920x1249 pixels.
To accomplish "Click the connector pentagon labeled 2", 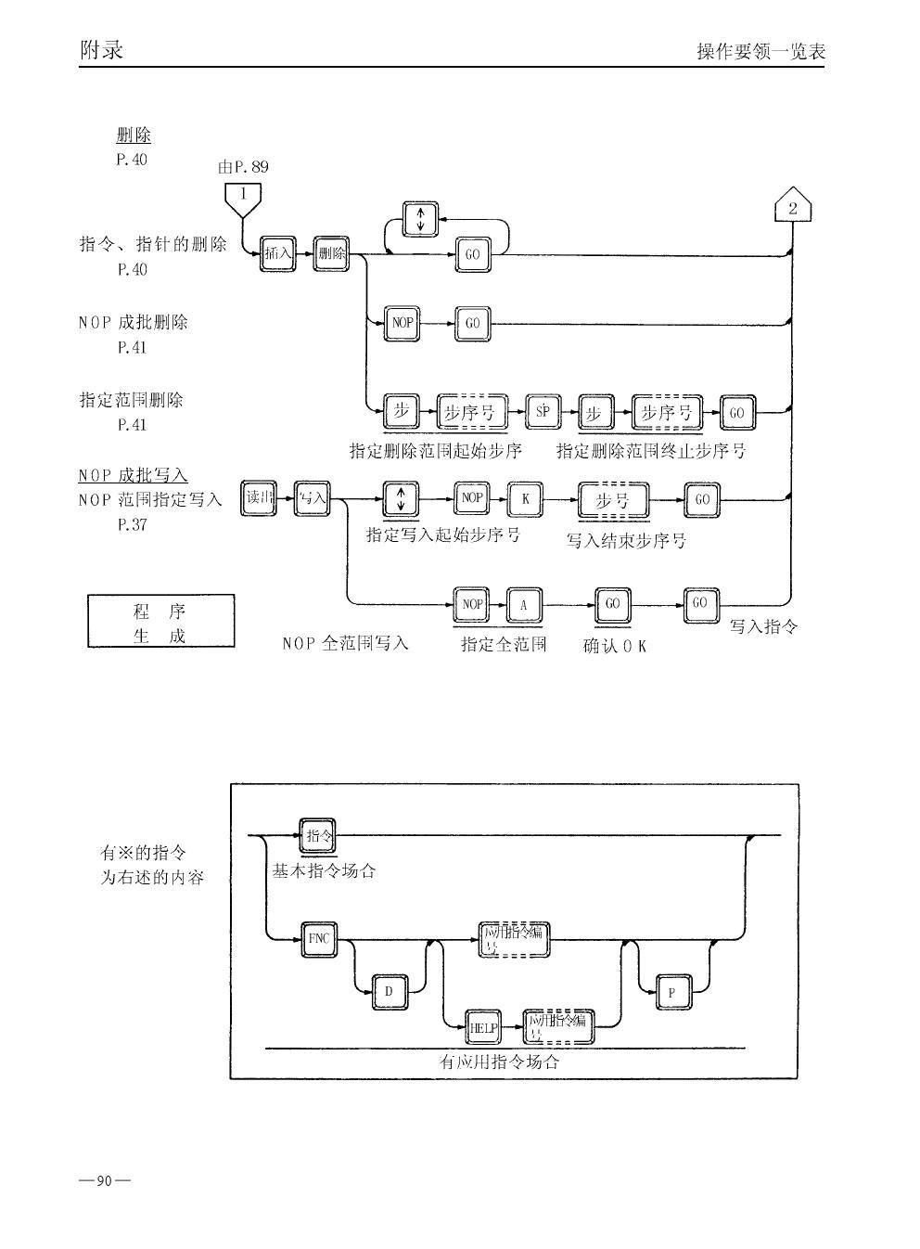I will pos(792,207).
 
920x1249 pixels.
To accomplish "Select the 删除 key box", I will pos(331,253).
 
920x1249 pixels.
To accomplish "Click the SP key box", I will pos(543,413).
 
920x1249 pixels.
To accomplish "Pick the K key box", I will pos(525,499).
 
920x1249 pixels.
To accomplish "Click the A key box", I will pos(524,605).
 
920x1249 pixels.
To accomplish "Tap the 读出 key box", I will pos(259,498).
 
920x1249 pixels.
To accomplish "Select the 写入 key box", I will pos(312,498).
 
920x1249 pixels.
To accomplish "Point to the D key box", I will pos(390,992).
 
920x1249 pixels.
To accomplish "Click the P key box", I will pos(672,993).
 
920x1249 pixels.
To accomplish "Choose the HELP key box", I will pos(484,1027).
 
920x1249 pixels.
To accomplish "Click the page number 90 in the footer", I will pos(104,1181).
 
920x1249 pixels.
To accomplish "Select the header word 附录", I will pos(102,49).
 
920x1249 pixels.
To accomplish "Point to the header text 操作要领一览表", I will pos(760,52).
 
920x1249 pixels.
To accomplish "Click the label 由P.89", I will pos(243,167).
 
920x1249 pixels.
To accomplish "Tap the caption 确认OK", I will pos(614,646).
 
